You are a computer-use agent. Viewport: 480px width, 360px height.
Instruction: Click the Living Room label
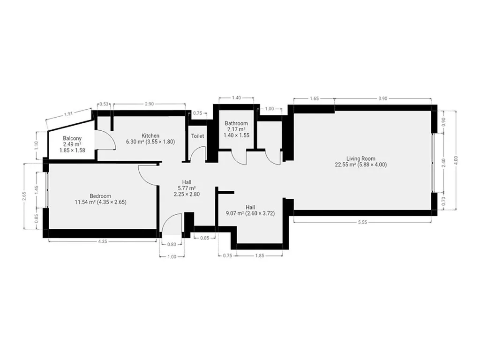360,158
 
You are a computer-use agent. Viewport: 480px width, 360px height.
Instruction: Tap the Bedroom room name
100,196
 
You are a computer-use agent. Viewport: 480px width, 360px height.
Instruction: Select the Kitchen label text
150,135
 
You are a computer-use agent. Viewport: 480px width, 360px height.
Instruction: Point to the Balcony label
72,138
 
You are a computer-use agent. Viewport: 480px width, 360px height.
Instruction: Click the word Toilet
197,136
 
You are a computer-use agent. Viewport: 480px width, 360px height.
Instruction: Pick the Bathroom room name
236,123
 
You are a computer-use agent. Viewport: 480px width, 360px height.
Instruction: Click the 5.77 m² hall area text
187,188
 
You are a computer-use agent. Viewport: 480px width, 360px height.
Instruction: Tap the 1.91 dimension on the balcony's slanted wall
68,114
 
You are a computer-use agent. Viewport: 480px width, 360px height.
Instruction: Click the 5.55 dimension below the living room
362,222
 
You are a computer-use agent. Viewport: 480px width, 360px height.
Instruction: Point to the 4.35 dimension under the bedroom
103,241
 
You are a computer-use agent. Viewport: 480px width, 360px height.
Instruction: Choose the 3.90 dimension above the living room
382,98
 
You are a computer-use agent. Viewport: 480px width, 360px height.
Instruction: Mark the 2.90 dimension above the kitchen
149,104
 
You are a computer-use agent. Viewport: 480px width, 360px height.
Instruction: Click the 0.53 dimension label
104,104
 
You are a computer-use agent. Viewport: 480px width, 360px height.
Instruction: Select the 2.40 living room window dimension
444,163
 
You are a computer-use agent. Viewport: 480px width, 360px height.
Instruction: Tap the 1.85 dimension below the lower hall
260,255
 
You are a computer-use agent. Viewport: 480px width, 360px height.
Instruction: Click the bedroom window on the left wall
47,190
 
